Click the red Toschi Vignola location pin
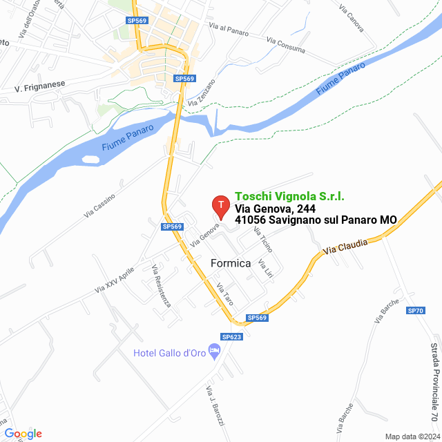(x=220, y=205)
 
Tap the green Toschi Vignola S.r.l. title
(x=289, y=196)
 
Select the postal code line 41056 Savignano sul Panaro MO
(x=316, y=220)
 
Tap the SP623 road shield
(x=231, y=336)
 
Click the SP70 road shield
(x=416, y=311)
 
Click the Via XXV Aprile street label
(x=117, y=279)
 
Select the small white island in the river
(x=90, y=160)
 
